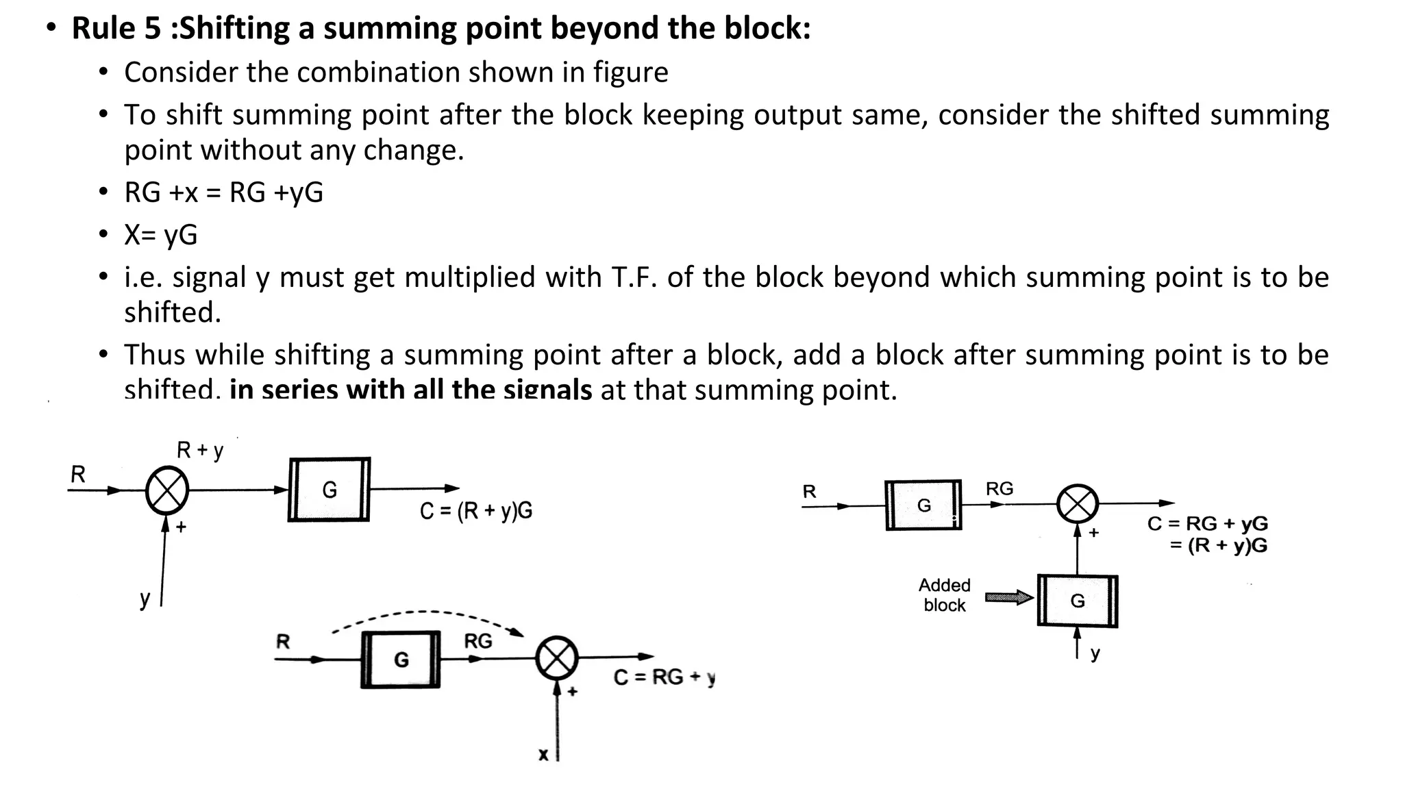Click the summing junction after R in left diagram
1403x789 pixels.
coord(167,490)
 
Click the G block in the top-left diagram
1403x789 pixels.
coord(330,490)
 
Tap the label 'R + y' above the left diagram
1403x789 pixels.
coord(200,451)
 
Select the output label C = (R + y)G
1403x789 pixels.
coord(476,511)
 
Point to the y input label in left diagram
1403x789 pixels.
coord(145,598)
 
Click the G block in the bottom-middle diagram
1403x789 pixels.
coord(401,660)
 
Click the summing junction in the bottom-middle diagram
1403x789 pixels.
coord(557,658)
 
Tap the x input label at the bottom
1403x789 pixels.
coord(543,755)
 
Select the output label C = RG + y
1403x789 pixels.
coord(664,677)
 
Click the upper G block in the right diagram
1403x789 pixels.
coord(923,505)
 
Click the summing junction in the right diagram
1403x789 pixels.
coord(1078,505)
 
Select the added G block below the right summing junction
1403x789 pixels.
coord(1078,601)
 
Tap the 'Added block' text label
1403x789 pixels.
coord(944,595)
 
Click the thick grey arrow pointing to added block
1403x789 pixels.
coord(1008,597)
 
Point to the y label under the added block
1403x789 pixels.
coord(1095,653)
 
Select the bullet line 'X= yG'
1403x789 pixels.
coord(160,235)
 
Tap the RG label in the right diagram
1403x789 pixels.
coord(1000,489)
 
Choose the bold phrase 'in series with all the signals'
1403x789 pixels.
coord(410,390)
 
